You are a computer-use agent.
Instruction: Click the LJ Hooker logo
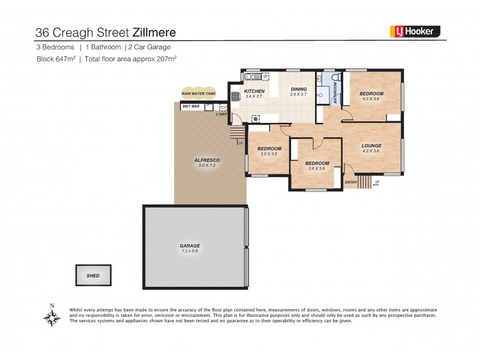[x=415, y=32]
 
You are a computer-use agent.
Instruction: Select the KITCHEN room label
[x=254, y=91]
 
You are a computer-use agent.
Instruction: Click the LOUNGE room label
[x=371, y=146]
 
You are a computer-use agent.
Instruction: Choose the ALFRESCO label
[x=206, y=160]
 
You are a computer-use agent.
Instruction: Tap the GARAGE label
[x=190, y=246]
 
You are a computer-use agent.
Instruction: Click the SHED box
[x=93, y=275]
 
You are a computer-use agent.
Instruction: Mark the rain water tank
[x=199, y=93]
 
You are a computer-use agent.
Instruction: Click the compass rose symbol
[x=52, y=316]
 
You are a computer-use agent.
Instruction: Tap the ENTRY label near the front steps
[x=350, y=182]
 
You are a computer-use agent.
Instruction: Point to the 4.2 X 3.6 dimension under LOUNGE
[x=371, y=151]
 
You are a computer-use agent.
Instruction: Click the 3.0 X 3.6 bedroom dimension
[x=269, y=154]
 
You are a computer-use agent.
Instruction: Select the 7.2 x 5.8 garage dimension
[x=190, y=251]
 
